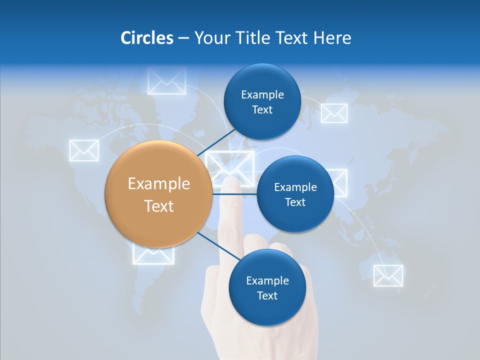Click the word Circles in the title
click(x=146, y=38)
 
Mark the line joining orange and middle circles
click(x=235, y=193)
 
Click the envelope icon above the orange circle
click(x=167, y=81)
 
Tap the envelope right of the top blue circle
click(x=334, y=113)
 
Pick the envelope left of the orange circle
click(x=83, y=150)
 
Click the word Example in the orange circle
click(x=159, y=184)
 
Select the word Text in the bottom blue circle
click(x=267, y=295)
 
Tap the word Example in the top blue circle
click(x=262, y=95)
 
